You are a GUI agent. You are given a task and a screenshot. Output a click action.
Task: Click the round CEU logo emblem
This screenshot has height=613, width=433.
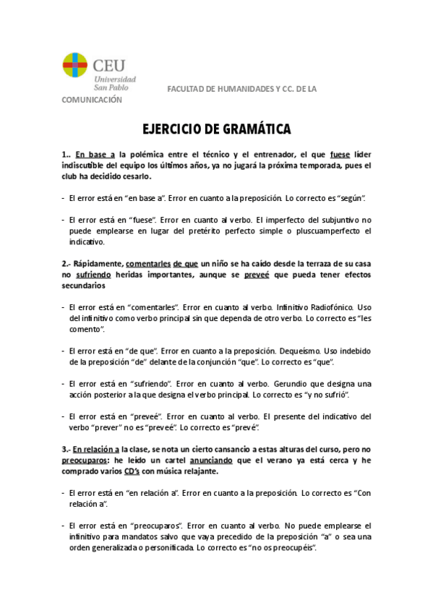(x=76, y=66)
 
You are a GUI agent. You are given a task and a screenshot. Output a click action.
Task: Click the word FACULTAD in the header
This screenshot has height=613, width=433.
(x=186, y=89)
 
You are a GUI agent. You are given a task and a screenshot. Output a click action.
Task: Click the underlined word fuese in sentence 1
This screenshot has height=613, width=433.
(x=340, y=154)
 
